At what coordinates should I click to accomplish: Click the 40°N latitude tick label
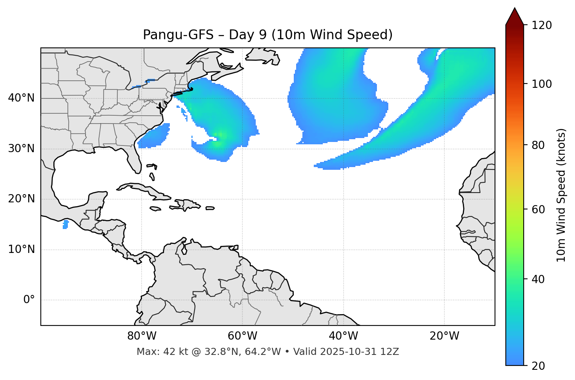point(21,98)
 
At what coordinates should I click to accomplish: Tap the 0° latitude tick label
point(29,300)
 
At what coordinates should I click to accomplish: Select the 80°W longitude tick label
point(142,336)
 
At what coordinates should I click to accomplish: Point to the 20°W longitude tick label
point(444,336)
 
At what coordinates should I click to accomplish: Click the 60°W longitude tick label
point(242,336)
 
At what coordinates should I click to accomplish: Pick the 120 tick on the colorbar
point(542,25)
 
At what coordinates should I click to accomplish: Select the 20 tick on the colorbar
point(538,366)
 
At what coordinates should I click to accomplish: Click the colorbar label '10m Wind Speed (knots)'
point(561,195)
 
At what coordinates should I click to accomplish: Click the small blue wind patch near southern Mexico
point(66,224)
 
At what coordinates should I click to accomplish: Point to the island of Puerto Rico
point(210,208)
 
